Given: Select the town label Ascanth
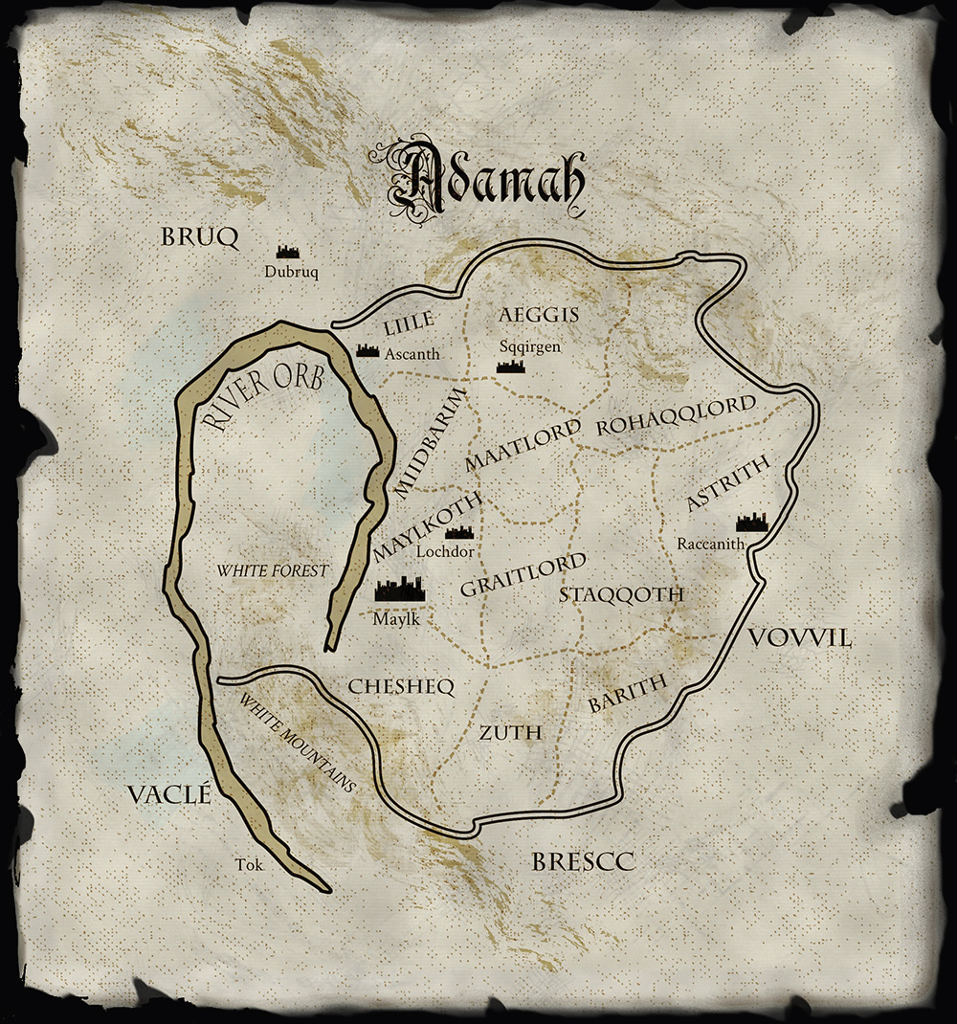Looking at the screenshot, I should [412, 354].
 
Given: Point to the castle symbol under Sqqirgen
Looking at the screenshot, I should [508, 365].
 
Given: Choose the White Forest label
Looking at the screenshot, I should [272, 570].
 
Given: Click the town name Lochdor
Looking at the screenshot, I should [446, 551].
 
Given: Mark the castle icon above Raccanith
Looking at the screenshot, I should [751, 522].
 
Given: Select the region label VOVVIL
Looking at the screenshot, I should [800, 638].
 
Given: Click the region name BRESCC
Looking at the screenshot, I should [583, 862].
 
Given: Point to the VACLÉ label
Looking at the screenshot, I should [168, 793].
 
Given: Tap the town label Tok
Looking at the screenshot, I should [247, 865].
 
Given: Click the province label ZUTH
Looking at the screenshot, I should [510, 733].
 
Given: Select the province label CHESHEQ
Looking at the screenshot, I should [400, 686].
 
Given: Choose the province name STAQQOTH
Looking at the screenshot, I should [622, 595].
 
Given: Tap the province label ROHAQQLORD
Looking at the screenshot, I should [676, 419].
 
